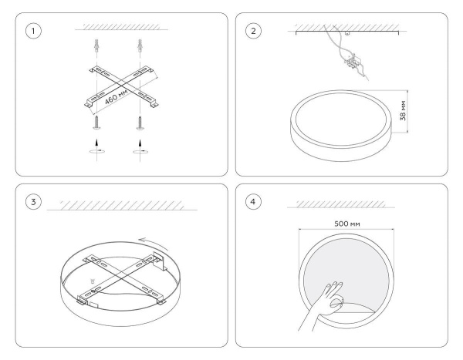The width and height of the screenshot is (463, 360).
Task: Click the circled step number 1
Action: [x=33, y=31]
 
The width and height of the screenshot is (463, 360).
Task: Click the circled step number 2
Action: [x=253, y=31]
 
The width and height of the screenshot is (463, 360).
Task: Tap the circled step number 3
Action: [x=33, y=202]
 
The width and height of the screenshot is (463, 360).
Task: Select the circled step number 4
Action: [x=253, y=202]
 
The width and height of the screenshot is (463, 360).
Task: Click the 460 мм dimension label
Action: [x=117, y=96]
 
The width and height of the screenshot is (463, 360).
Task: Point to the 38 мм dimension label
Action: [x=403, y=111]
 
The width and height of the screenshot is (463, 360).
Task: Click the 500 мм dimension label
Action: [x=347, y=224]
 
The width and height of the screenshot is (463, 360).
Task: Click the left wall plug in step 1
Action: [x=96, y=45]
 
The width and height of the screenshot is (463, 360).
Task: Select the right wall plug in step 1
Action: [x=140, y=45]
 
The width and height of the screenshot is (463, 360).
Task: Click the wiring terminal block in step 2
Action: [x=353, y=62]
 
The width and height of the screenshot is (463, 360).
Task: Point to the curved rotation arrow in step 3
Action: [x=154, y=243]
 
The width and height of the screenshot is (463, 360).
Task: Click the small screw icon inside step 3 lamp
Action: [x=93, y=280]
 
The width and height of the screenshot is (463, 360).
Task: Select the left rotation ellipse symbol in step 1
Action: [x=97, y=151]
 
